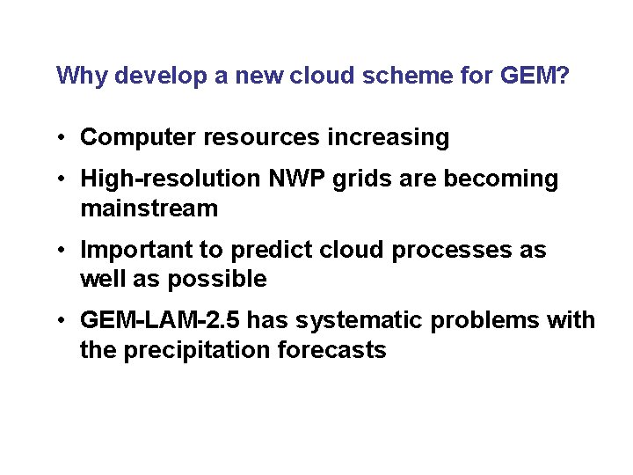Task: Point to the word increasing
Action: [388, 138]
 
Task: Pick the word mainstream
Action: [149, 209]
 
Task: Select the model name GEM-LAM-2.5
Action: [159, 320]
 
